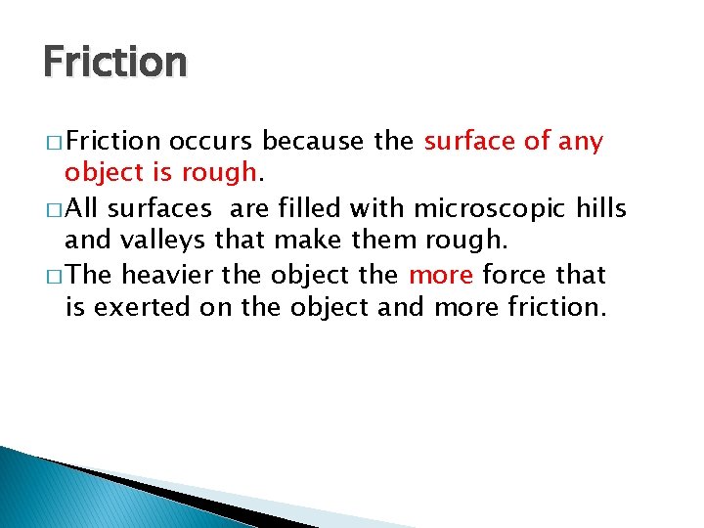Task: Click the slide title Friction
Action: (114, 62)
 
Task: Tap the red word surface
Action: (471, 143)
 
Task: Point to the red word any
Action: (581, 143)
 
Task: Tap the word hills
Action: (599, 209)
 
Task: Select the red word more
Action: (441, 276)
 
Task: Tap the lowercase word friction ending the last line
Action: (557, 309)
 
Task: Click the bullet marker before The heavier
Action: (53, 277)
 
